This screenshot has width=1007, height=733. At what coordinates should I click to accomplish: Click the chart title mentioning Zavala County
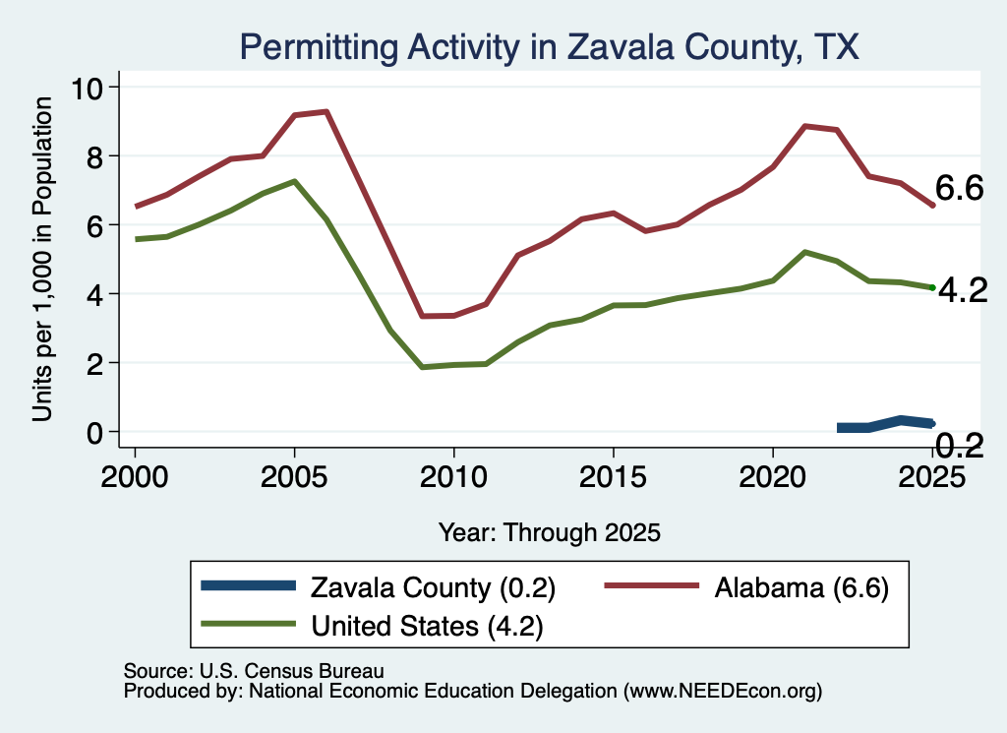pyautogui.click(x=549, y=47)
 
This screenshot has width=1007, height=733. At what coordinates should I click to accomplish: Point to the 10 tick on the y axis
pyautogui.click(x=87, y=88)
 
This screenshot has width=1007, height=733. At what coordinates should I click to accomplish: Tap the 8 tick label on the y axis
pyautogui.click(x=94, y=156)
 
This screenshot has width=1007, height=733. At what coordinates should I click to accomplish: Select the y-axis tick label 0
pyautogui.click(x=94, y=433)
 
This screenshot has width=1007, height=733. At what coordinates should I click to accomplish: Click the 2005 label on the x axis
pyautogui.click(x=294, y=477)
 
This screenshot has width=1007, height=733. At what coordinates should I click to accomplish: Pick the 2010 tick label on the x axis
pyautogui.click(x=453, y=477)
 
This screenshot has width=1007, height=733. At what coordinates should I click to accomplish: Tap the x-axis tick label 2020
pyautogui.click(x=773, y=477)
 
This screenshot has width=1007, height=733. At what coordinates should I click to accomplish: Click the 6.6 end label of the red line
pyautogui.click(x=959, y=188)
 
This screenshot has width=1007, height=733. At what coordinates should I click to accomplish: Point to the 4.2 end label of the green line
pyautogui.click(x=963, y=291)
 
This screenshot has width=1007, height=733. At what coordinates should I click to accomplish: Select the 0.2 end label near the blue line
pyautogui.click(x=959, y=445)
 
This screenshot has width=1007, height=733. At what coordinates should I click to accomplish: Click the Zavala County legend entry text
pyautogui.click(x=433, y=587)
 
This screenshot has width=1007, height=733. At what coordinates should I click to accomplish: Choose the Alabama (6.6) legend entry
pyautogui.click(x=801, y=587)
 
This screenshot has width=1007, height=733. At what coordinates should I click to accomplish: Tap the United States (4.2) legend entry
pyautogui.click(x=427, y=626)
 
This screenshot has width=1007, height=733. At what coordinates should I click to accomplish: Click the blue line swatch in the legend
pyautogui.click(x=249, y=585)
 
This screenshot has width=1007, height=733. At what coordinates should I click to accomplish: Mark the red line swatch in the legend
pyautogui.click(x=652, y=585)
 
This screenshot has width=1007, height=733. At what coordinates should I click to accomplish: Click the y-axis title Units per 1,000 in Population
pyautogui.click(x=41, y=259)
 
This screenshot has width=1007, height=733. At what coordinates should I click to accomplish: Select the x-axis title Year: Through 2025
pyautogui.click(x=549, y=532)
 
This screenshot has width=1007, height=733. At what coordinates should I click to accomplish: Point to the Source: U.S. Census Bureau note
pyautogui.click(x=254, y=671)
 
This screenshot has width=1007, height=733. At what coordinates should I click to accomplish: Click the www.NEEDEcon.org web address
pyautogui.click(x=723, y=691)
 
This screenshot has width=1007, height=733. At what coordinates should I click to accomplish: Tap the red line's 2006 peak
pyautogui.click(x=326, y=112)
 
